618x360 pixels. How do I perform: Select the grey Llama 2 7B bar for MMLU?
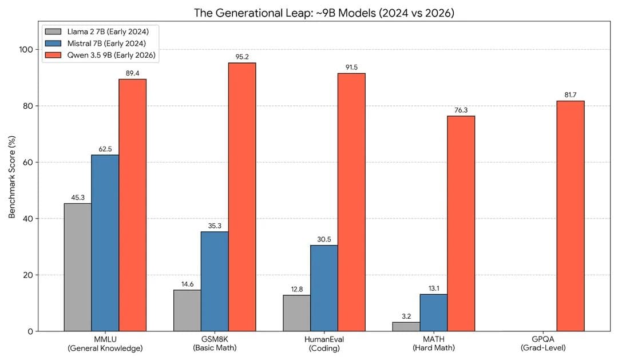(77, 267)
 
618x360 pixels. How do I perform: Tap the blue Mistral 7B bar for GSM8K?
(215, 281)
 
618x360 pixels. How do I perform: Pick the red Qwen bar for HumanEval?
(351, 202)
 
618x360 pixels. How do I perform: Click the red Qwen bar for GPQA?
(570, 216)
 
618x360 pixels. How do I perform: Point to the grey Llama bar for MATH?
(406, 326)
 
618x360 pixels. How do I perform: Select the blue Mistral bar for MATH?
(433, 312)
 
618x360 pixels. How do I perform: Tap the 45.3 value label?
(77, 197)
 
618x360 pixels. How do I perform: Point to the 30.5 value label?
(324, 239)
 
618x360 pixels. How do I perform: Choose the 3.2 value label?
(406, 316)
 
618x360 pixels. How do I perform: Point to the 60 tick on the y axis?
(28, 163)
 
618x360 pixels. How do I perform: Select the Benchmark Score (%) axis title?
(12, 177)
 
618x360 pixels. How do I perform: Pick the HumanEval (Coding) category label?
(324, 343)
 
